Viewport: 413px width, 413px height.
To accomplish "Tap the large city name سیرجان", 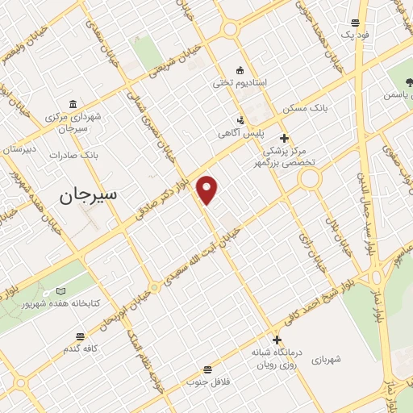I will coord(88,194).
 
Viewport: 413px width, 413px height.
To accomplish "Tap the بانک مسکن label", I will coord(301,107).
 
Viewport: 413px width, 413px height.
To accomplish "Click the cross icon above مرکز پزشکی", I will coord(284,138).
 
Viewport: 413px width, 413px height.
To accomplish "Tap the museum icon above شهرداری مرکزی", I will coord(73,104).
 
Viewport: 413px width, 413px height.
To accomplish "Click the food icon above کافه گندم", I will coord(80,336).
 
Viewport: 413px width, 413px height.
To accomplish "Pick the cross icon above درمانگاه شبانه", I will coord(277,340).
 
